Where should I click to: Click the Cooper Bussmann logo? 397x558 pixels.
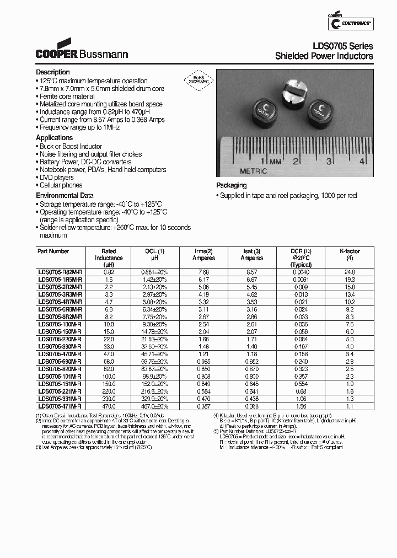point(82,50)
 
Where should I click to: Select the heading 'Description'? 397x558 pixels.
point(53,72)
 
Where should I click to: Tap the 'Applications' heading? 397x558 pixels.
point(55,138)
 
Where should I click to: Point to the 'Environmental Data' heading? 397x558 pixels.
point(65,196)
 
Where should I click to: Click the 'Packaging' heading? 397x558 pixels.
point(232,186)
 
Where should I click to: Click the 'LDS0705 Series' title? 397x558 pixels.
point(342,46)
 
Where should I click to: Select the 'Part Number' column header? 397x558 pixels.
point(53,251)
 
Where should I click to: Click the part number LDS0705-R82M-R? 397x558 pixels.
point(59,272)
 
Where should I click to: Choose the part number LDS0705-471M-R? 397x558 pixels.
point(59,405)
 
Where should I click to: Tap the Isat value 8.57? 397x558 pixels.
point(251,272)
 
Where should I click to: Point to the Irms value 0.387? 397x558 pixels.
point(203,405)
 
